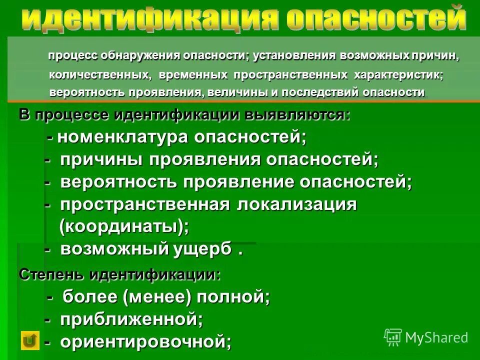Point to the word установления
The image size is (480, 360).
[289, 56]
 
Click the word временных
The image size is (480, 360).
[194, 75]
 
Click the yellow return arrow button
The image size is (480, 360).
[30, 340]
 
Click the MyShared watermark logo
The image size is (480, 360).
[426, 337]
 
